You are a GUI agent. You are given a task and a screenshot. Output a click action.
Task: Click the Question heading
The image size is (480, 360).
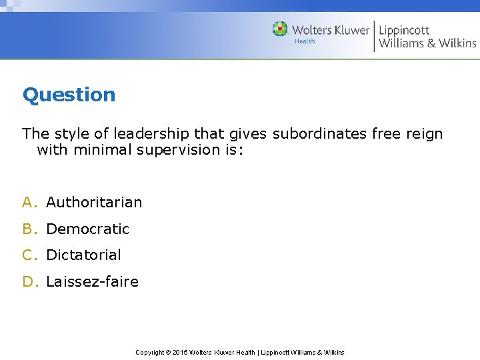(x=69, y=95)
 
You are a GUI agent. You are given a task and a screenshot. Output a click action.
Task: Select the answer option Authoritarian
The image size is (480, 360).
(x=94, y=202)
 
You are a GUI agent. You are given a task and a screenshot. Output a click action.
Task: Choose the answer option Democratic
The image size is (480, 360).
(x=87, y=229)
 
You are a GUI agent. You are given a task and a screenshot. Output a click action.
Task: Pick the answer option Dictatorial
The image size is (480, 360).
(x=83, y=255)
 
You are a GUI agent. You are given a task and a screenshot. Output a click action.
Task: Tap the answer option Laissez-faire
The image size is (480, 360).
(x=92, y=281)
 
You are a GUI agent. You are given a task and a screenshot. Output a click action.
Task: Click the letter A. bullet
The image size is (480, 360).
(x=31, y=202)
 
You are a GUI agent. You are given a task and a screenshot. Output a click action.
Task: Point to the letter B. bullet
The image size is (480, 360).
(x=31, y=229)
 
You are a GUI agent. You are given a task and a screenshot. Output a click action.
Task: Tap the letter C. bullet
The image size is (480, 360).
(x=31, y=255)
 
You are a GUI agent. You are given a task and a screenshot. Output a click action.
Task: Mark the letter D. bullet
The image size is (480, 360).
(x=31, y=281)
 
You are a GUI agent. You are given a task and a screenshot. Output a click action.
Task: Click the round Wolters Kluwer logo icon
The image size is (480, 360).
(x=280, y=29)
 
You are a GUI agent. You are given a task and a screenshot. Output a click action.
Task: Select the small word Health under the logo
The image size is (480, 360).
(x=305, y=41)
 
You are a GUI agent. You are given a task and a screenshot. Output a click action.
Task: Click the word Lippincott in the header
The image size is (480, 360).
(x=404, y=30)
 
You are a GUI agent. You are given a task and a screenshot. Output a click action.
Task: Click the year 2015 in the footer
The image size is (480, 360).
(x=181, y=352)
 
